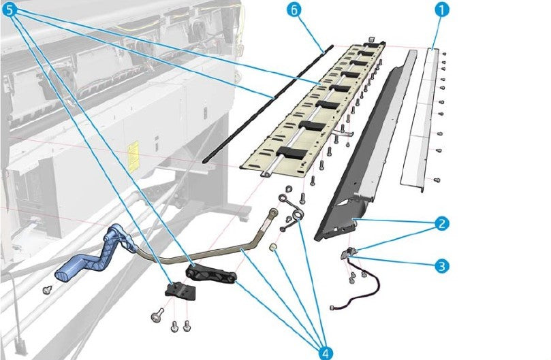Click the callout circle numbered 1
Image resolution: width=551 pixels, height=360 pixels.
(443, 10)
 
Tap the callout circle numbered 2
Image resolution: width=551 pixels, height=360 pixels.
(442, 223)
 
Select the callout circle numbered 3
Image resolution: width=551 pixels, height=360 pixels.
(442, 265)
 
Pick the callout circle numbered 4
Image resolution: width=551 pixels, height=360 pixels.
(326, 350)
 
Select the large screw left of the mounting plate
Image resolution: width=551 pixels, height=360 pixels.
(157, 315)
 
